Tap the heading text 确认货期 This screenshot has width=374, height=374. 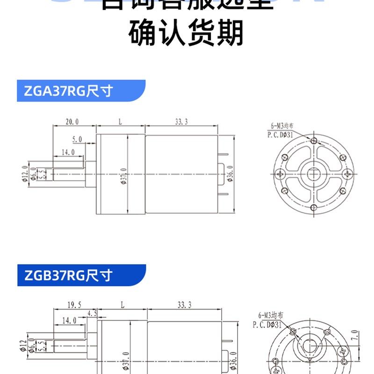pyautogui.click(x=187, y=34)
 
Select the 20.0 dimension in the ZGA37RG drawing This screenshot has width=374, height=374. pyautogui.click(x=72, y=122)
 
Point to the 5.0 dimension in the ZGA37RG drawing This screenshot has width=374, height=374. pyautogui.click(x=77, y=139)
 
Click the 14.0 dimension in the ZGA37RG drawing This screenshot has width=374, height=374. pyautogui.click(x=68, y=152)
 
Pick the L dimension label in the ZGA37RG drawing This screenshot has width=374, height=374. pyautogui.click(x=120, y=122)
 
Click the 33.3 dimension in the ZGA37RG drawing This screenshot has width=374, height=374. pyautogui.click(x=181, y=122)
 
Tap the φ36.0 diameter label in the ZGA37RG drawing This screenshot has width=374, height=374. pyautogui.click(x=230, y=174)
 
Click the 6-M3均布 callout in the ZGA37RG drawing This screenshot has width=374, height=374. pyautogui.click(x=282, y=125)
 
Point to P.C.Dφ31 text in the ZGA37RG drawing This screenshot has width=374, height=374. pyautogui.click(x=280, y=134)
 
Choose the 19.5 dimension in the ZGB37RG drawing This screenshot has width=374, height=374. pyautogui.click(x=74, y=305)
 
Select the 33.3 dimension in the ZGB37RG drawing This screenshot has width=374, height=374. pyautogui.click(x=184, y=305)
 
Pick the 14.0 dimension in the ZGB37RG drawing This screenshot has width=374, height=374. pyautogui.click(x=69, y=321)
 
